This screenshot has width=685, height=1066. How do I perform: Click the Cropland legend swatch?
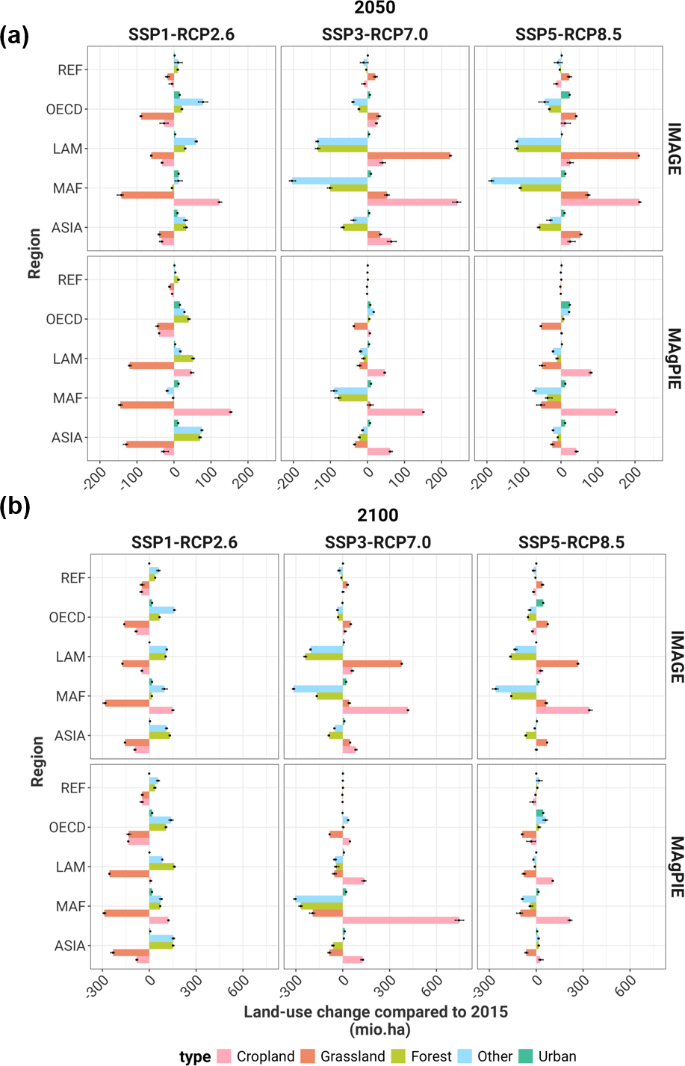pyautogui.click(x=224, y=1056)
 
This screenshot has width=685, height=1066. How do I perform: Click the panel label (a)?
pyautogui.click(x=15, y=35)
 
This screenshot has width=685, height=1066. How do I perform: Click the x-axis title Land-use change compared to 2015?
pyautogui.click(x=376, y=1012)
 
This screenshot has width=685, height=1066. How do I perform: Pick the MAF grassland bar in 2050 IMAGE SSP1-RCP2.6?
pyautogui.click(x=147, y=195)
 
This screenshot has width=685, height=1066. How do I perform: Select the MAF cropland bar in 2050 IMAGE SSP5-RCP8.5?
pyautogui.click(x=600, y=202)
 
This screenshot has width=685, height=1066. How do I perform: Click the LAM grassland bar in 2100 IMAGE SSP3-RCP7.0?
pyautogui.click(x=372, y=663)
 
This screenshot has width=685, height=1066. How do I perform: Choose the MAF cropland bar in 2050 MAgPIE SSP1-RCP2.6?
pyautogui.click(x=202, y=412)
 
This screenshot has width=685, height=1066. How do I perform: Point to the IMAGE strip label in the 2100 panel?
pyautogui.click(x=676, y=657)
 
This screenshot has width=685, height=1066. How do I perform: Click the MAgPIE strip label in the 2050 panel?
pyautogui.click(x=674, y=359)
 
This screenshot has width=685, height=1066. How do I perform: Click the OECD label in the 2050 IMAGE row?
pyautogui.click(x=64, y=110)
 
